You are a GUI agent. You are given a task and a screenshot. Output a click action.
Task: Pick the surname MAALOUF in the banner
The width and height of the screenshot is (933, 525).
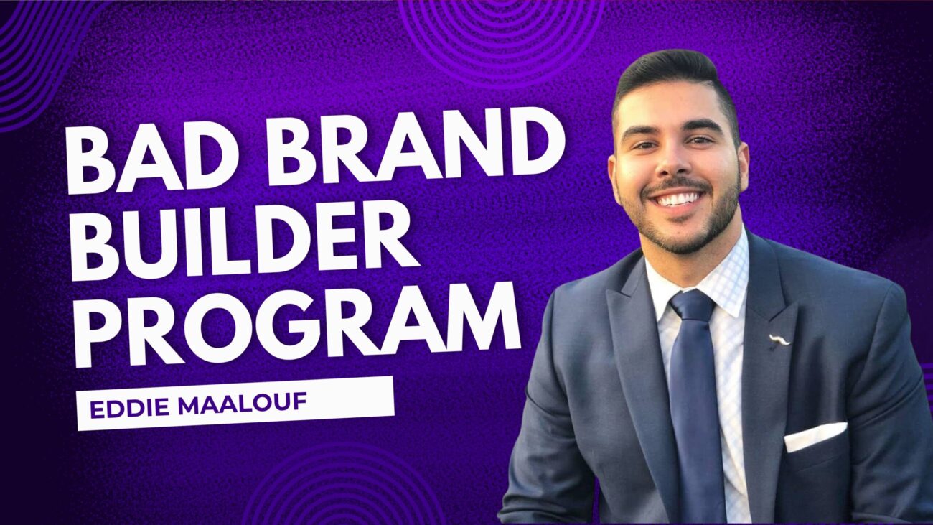(242, 404)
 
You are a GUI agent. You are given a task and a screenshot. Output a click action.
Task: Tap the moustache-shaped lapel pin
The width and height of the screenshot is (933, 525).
(779, 340)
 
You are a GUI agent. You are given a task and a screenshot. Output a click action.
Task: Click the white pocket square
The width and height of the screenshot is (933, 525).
(815, 437)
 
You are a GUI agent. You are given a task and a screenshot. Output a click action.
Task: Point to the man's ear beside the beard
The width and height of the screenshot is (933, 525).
(743, 167)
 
